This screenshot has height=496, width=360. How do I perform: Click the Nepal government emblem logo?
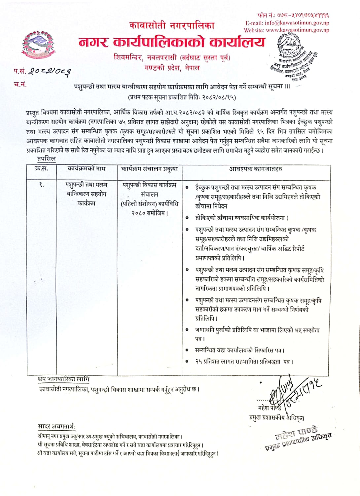[39, 45]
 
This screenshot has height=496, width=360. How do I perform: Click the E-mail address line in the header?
[287, 23]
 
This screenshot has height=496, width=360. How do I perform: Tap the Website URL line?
[286, 30]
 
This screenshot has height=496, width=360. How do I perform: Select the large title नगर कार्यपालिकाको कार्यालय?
[172, 42]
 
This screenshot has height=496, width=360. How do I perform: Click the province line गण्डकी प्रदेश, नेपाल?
[172, 68]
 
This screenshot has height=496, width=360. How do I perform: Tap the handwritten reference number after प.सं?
[50, 71]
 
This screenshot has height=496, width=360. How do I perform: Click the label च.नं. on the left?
[20, 84]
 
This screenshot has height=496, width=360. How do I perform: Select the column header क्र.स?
[41, 168]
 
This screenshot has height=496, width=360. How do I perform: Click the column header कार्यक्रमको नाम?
[87, 168]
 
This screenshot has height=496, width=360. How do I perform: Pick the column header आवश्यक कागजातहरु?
[256, 169]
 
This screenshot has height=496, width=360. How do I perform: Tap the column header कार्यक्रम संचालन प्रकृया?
[149, 169]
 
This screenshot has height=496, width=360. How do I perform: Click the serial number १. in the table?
[41, 185]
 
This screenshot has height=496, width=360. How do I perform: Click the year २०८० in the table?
[139, 213]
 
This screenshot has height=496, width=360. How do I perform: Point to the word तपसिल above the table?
[47, 159]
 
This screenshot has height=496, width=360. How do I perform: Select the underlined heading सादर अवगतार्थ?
[56, 426]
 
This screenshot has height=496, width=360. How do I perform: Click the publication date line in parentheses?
[182, 97]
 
